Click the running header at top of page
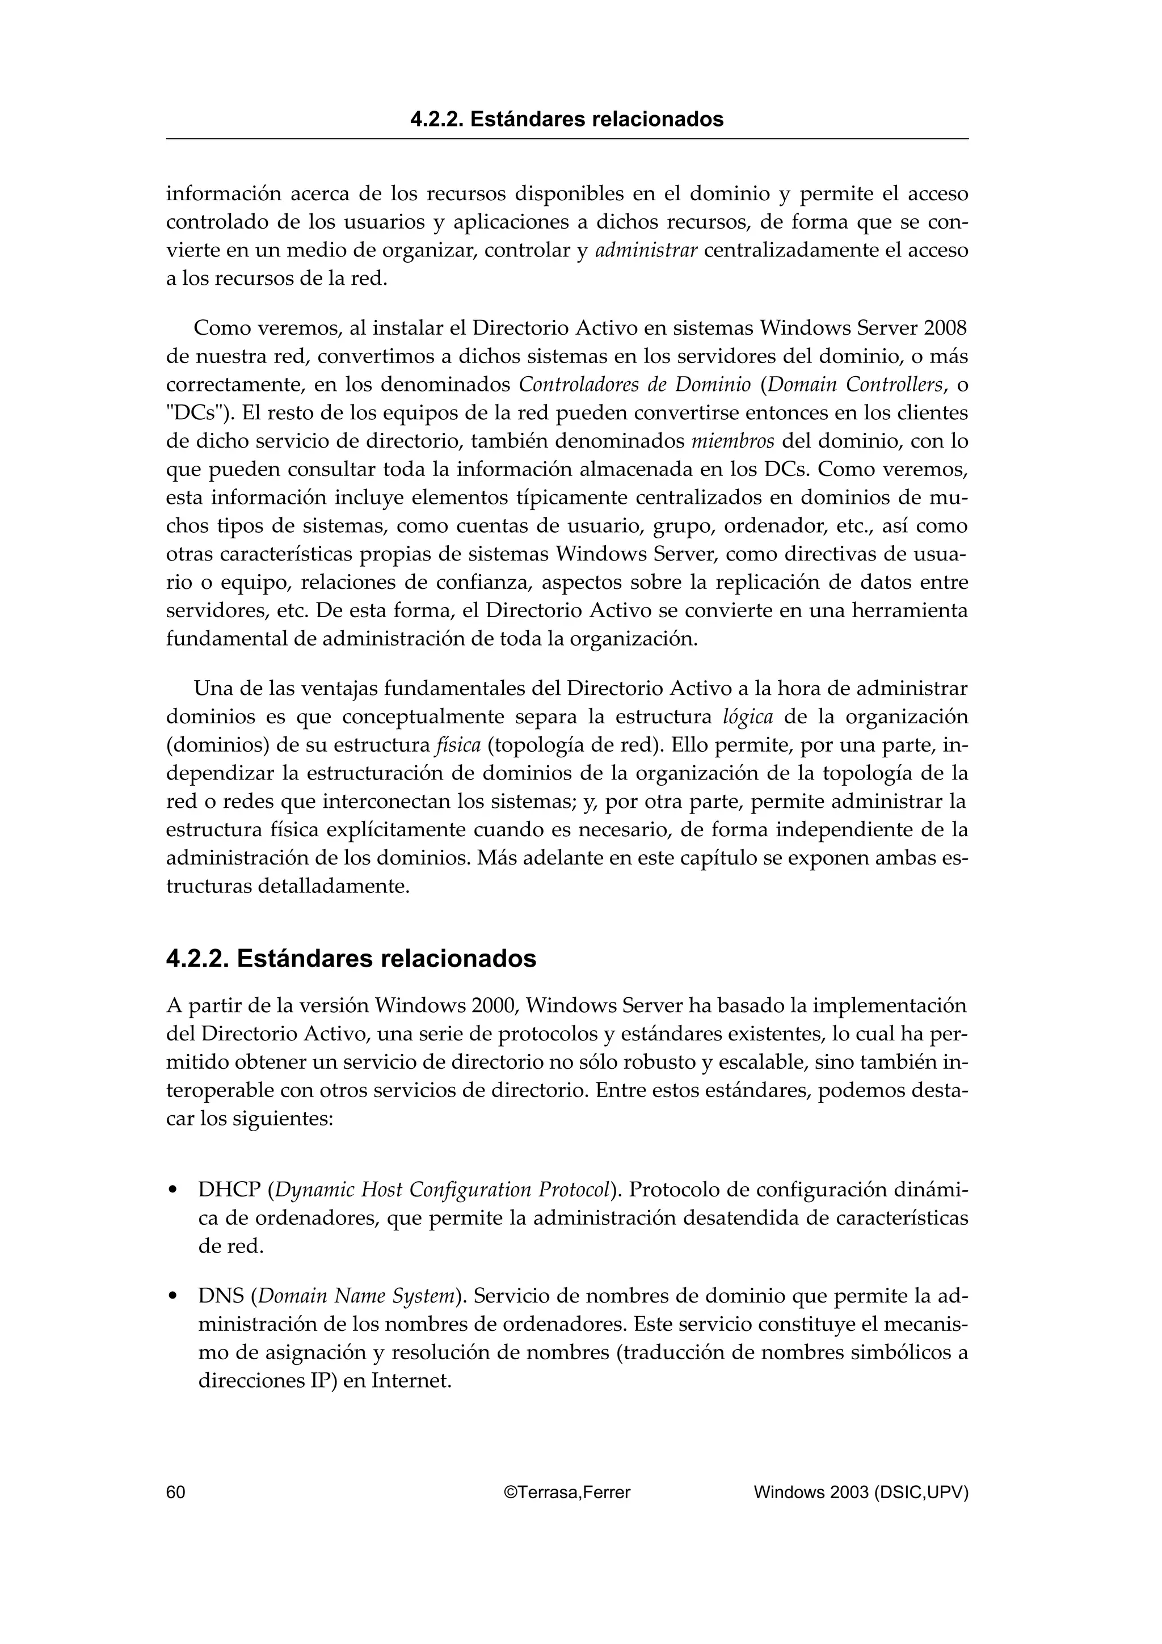pos(566,119)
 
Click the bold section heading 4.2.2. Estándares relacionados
pos(351,959)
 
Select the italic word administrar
pos(646,251)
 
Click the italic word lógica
pos(748,716)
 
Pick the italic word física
pos(458,745)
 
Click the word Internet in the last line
pos(411,1381)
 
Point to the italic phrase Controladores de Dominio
pos(634,385)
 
